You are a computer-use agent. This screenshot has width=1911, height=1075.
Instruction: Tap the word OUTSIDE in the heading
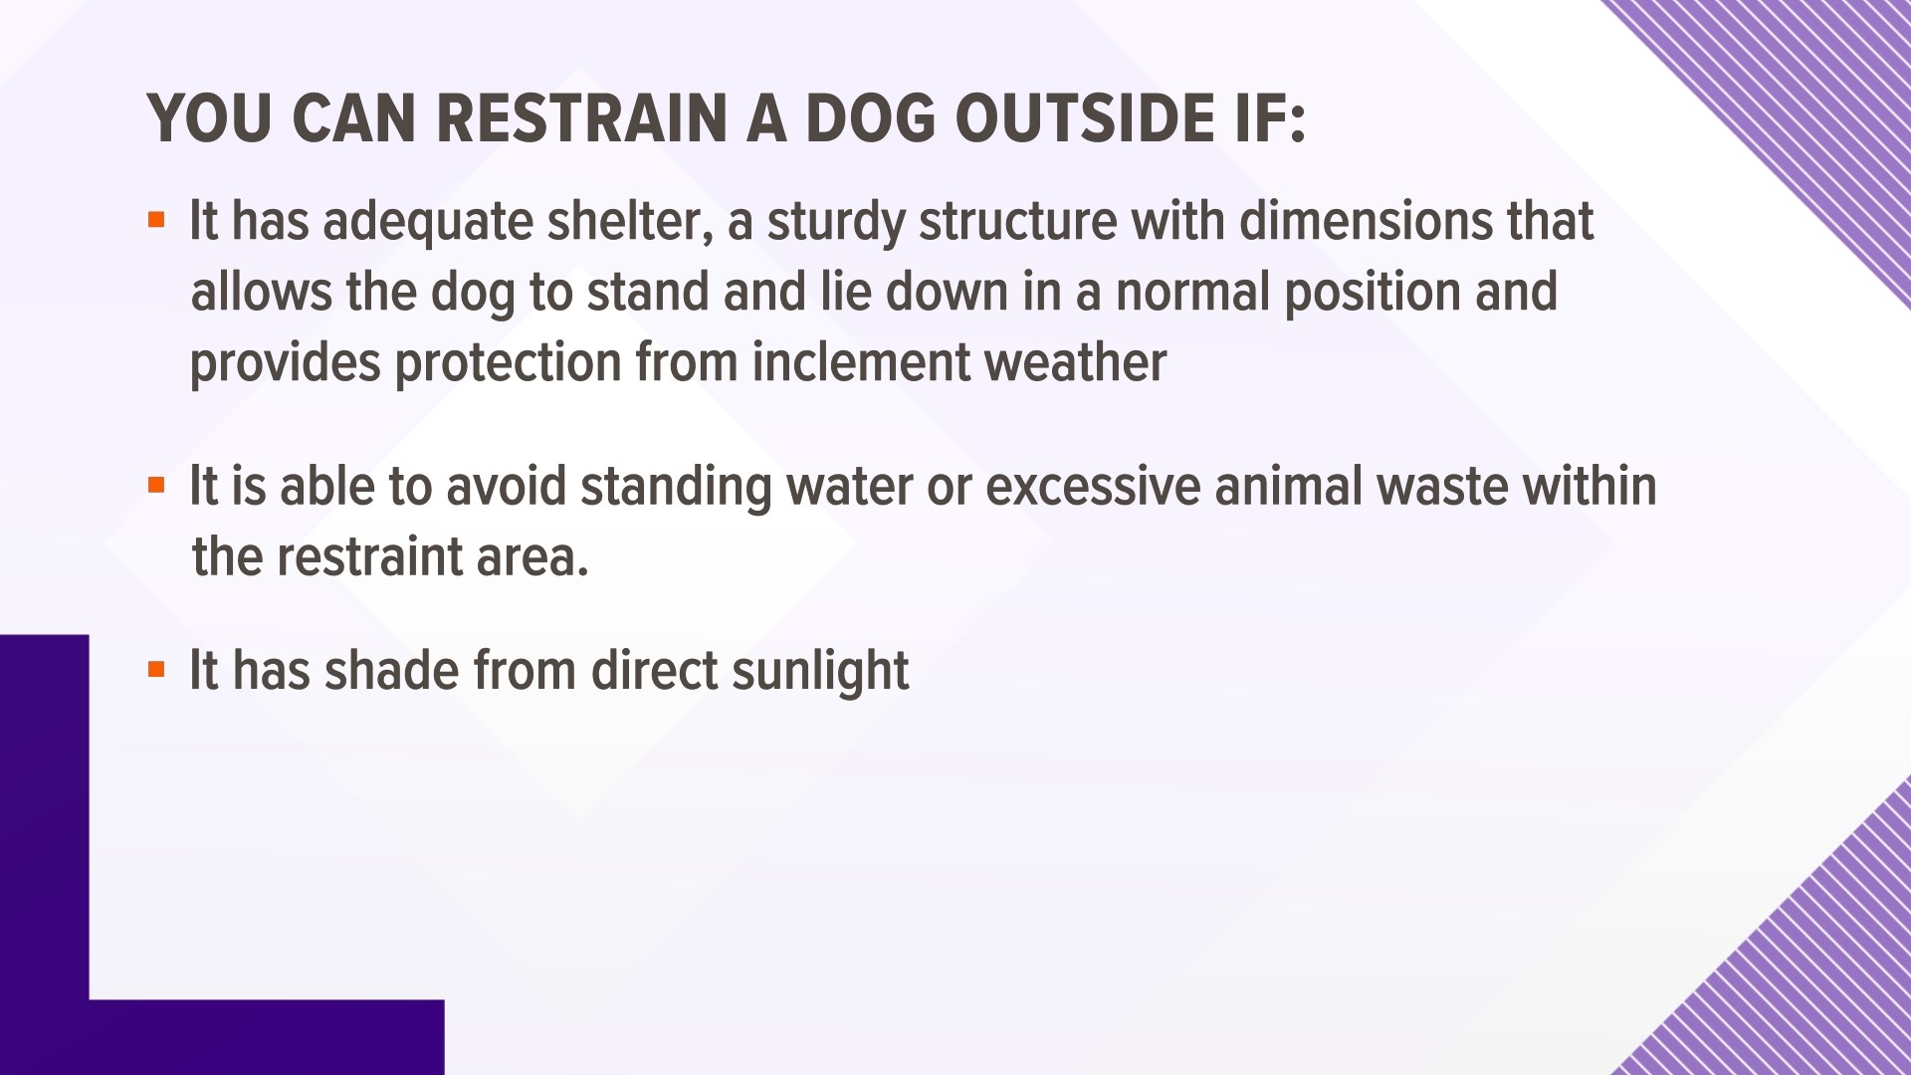tap(1094, 120)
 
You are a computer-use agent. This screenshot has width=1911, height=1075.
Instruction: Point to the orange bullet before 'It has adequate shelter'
tap(155, 219)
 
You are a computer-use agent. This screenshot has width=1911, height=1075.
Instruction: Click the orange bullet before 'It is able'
tap(155, 486)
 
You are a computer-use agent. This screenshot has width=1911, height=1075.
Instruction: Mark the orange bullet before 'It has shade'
tap(155, 669)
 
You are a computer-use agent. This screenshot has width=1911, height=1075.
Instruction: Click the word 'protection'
tap(508, 363)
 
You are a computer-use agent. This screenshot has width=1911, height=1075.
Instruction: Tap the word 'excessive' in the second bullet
tap(1085, 487)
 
